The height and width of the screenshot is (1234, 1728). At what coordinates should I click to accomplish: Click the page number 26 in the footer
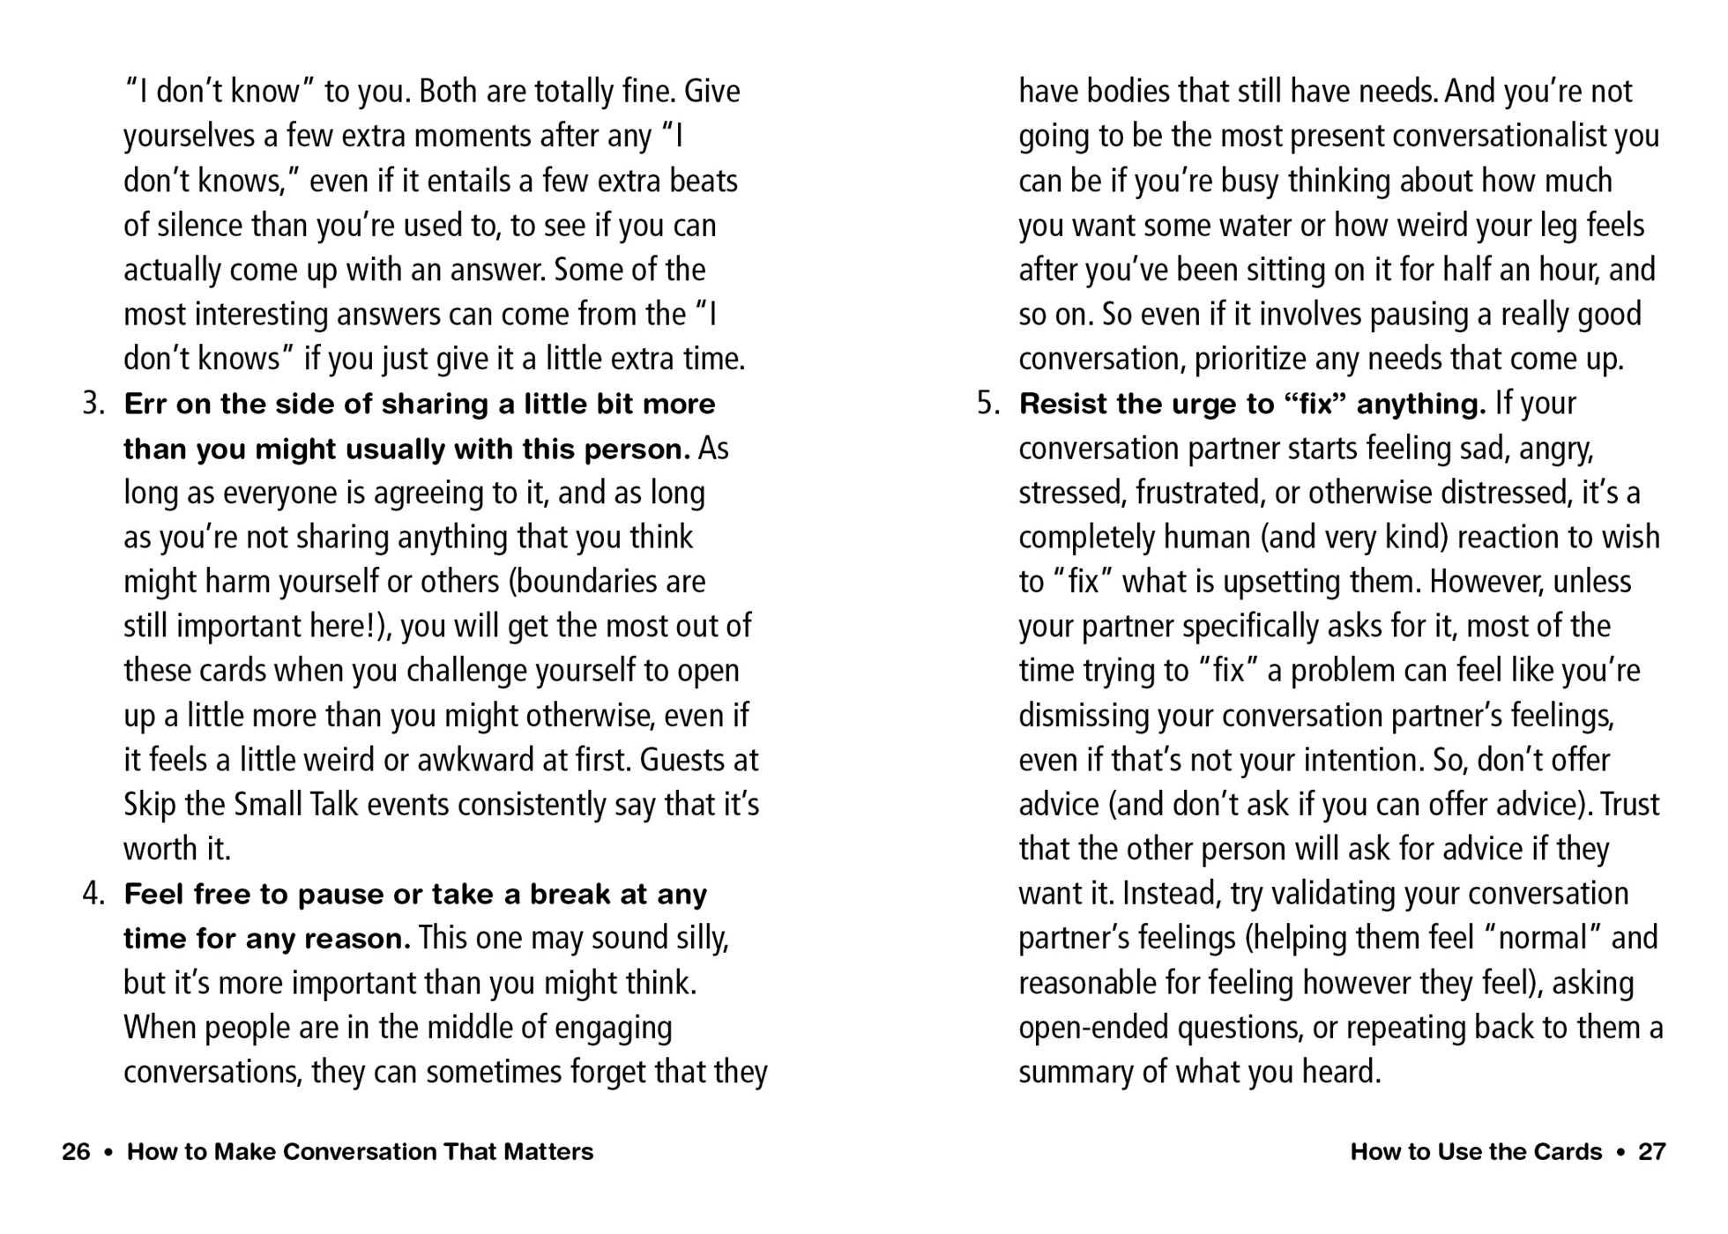pyautogui.click(x=76, y=1151)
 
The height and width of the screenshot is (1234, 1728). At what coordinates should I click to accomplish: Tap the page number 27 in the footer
pyautogui.click(x=1651, y=1151)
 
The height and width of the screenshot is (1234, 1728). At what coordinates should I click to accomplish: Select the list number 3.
pyautogui.click(x=93, y=404)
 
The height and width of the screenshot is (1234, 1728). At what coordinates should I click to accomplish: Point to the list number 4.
pyautogui.click(x=93, y=894)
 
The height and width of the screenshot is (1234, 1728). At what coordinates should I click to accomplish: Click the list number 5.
pyautogui.click(x=987, y=404)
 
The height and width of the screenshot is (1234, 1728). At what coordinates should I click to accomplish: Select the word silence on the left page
pyautogui.click(x=200, y=226)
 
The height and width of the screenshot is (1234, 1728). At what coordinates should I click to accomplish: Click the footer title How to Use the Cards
pyautogui.click(x=1476, y=1151)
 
